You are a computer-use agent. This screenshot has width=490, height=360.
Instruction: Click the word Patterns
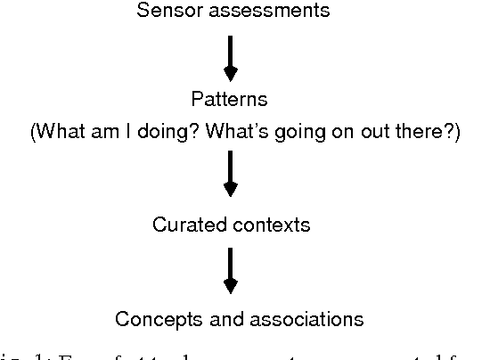click(x=230, y=98)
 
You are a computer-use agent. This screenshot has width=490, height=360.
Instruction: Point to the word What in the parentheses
click(x=60, y=132)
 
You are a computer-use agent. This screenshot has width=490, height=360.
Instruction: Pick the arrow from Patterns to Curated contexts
click(x=230, y=173)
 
